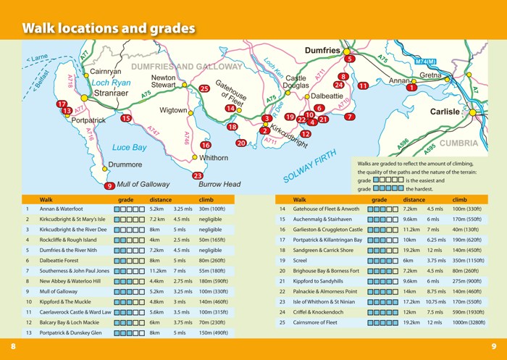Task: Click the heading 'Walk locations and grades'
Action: point(109,29)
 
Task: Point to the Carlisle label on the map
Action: point(445,112)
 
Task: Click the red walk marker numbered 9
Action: point(109,186)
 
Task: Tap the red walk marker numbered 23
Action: point(198,175)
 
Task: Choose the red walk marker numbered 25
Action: point(204,89)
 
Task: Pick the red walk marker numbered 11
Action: point(363,85)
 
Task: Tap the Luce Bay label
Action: point(129,148)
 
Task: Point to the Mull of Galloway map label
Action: point(143,185)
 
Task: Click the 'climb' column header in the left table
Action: point(206,199)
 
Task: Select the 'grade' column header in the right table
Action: point(379,199)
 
